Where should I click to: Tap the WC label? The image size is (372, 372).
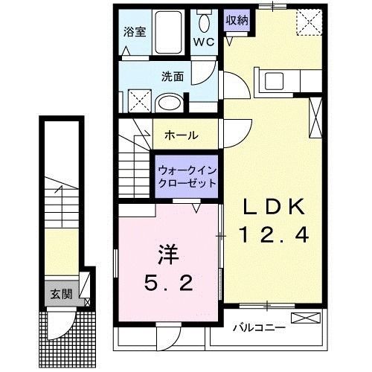tap(204, 42)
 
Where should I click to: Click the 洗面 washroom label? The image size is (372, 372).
tap(173, 76)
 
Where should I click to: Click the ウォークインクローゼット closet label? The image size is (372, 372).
tap(187, 177)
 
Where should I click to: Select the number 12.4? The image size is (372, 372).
tap(272, 236)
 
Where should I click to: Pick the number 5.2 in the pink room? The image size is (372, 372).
tap(170, 283)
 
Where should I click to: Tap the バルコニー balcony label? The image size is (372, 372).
tap(256, 326)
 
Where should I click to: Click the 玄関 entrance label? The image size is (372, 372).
tap(61, 294)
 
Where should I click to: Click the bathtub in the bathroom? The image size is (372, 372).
tap(172, 33)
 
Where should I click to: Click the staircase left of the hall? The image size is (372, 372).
tap(134, 160)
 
